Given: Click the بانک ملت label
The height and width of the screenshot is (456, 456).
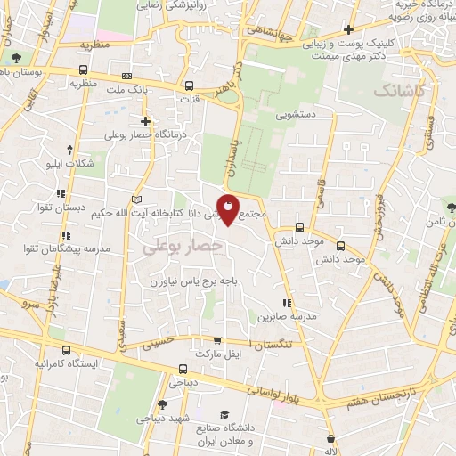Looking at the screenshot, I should (126, 90).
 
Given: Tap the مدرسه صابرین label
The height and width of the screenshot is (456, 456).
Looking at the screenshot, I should (282, 316).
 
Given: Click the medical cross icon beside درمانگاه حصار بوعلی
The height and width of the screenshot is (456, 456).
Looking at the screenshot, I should (144, 120).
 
